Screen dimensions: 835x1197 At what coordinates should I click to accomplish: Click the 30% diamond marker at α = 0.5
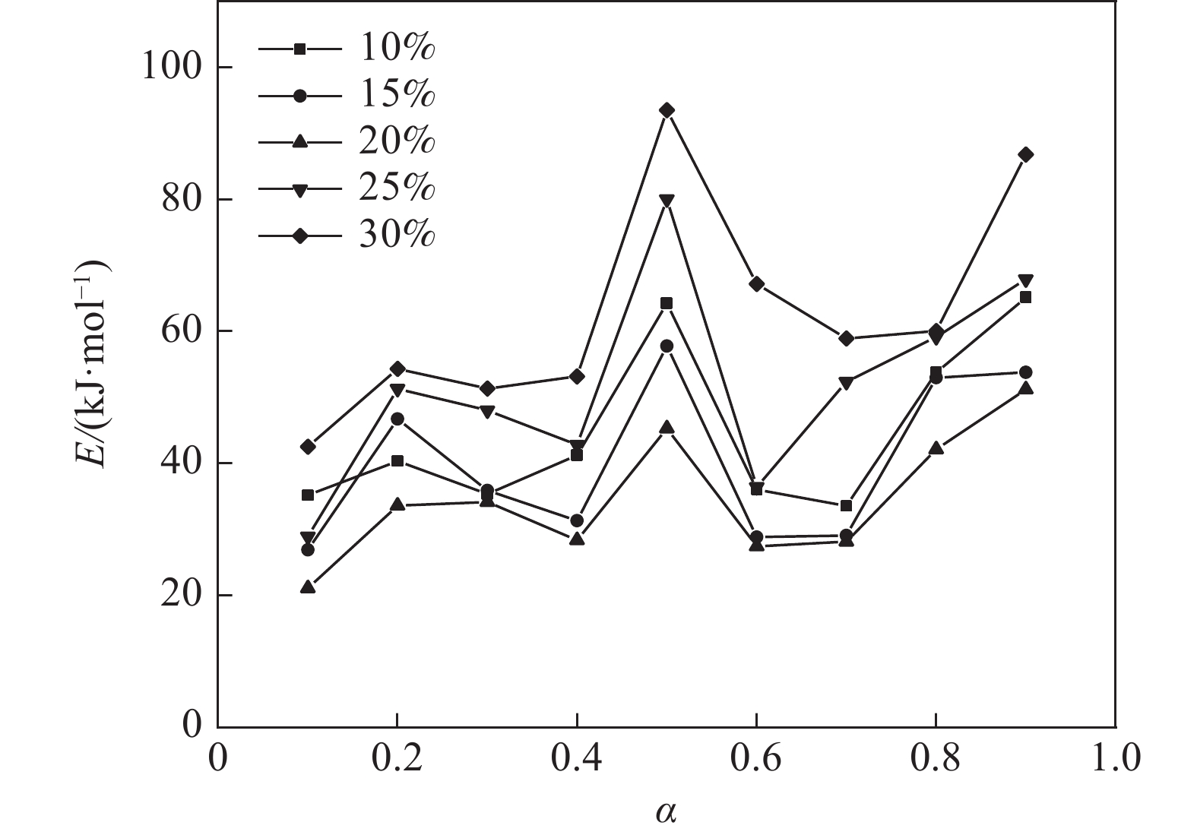[667, 110]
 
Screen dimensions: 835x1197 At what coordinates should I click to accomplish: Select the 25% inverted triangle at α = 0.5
[667, 201]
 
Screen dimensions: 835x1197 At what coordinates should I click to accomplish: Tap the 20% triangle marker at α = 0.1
[308, 587]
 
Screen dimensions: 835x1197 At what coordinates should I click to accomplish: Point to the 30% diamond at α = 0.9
[1025, 154]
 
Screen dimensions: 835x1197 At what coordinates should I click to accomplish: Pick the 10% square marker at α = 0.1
[308, 495]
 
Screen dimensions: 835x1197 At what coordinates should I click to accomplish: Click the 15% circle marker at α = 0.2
[397, 419]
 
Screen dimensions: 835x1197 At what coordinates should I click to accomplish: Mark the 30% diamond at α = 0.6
[756, 283]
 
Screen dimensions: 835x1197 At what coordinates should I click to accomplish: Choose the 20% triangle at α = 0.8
[936, 448]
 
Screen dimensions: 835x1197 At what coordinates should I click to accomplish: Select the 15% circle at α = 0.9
[1025, 372]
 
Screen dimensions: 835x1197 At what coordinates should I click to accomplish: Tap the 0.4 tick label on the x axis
[576, 759]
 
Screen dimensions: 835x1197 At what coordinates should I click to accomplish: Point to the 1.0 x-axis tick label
[1115, 759]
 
